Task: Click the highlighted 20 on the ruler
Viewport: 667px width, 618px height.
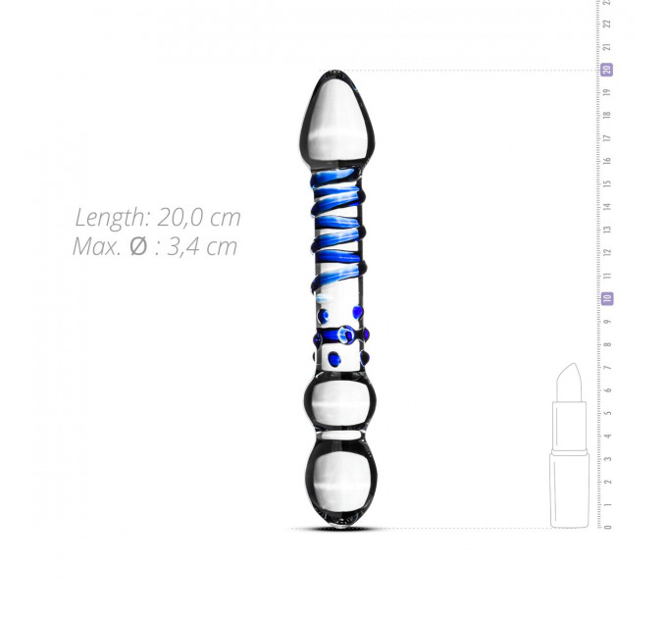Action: click(607, 70)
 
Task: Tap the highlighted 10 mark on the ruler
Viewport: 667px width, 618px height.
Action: click(607, 298)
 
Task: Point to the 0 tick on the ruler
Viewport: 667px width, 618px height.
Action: click(608, 527)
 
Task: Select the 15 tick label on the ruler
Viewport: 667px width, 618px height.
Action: click(608, 183)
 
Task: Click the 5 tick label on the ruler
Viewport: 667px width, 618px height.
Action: click(608, 413)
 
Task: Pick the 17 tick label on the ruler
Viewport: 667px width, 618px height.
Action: click(608, 137)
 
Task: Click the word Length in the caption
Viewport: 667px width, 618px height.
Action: click(111, 218)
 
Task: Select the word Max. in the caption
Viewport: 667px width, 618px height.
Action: click(97, 246)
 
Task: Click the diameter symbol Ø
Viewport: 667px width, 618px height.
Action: click(138, 246)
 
